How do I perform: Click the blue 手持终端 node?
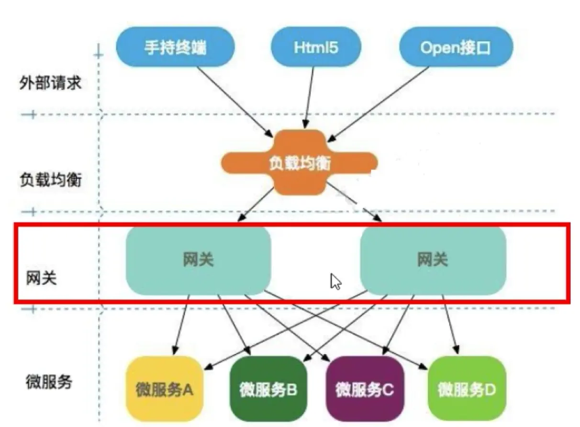(x=175, y=47)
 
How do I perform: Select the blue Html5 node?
(x=316, y=47)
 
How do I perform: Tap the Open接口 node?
(x=456, y=47)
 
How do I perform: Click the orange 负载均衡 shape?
(x=299, y=163)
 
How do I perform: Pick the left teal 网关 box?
(x=198, y=260)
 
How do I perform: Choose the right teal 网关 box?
(x=432, y=260)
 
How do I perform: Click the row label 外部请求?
(x=50, y=83)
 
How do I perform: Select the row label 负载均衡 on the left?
(x=50, y=180)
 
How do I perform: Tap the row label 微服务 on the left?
(x=49, y=382)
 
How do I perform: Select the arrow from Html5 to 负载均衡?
(x=309, y=98)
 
